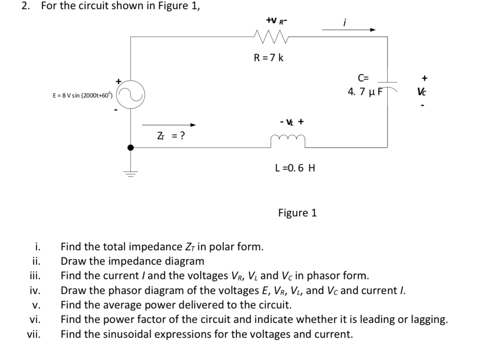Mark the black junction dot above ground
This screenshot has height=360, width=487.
[x=131, y=147]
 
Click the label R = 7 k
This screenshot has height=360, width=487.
[x=268, y=58]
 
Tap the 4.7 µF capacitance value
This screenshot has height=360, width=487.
[x=366, y=92]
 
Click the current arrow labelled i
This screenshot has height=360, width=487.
[x=349, y=29]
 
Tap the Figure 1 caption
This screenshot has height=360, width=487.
[x=297, y=213]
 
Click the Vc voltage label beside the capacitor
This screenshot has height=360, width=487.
[x=424, y=92]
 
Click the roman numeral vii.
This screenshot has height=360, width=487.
[x=33, y=334]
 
